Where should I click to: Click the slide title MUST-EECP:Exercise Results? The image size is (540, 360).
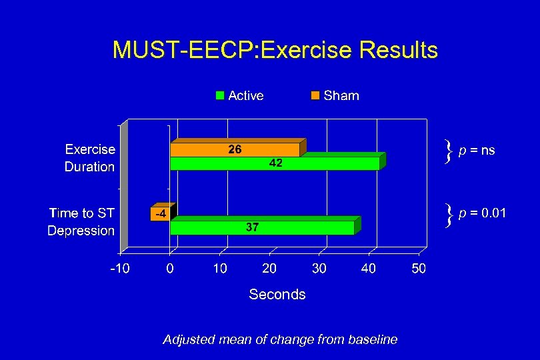(x=275, y=50)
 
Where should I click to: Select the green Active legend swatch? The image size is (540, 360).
(x=220, y=95)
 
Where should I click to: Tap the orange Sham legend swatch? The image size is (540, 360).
(x=315, y=95)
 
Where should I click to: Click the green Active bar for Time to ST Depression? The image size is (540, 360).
(x=300, y=228)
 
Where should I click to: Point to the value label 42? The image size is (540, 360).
(x=275, y=163)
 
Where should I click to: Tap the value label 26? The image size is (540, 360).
(x=235, y=150)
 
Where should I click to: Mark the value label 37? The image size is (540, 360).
(x=252, y=228)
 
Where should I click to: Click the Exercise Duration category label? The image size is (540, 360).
(x=89, y=158)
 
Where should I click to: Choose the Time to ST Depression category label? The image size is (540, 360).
(x=81, y=222)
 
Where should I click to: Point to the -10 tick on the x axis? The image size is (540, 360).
(x=120, y=269)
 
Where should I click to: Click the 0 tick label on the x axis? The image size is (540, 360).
(x=170, y=269)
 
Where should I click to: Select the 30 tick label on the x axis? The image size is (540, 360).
(x=319, y=269)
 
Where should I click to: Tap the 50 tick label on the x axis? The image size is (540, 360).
(x=419, y=269)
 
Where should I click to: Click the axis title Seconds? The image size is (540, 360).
(x=277, y=295)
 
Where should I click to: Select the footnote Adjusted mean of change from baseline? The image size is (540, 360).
(x=280, y=340)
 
